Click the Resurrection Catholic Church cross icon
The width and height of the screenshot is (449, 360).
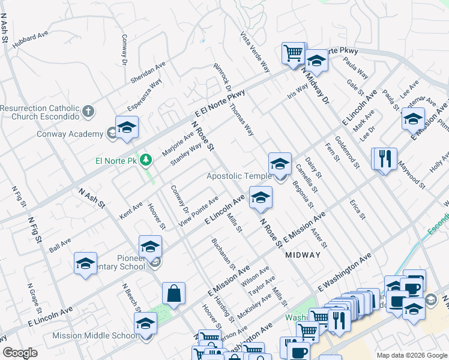pos(88,111)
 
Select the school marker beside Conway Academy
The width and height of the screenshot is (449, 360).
pos(127,128)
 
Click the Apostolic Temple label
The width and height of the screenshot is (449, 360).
pos(238,176)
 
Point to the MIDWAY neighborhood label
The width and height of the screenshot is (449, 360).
pos(303,255)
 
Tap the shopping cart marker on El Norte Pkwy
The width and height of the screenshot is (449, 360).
pos(293,53)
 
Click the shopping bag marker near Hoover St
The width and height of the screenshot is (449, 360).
pos(173,293)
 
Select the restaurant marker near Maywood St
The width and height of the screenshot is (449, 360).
pos(385,160)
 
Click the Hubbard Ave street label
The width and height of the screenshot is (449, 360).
pos(29,39)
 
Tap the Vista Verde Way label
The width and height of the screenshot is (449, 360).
pos(255,52)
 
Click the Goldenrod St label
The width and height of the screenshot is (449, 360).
pos(347,152)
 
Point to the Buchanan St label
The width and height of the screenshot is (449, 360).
pos(223,254)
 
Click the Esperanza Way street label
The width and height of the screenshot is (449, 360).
pos(144,95)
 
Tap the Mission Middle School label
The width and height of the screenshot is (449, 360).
pos(95,336)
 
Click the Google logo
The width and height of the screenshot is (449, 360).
pos(20,353)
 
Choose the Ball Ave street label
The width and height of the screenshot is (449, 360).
pos(60,245)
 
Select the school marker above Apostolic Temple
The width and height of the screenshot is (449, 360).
pos(280,164)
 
